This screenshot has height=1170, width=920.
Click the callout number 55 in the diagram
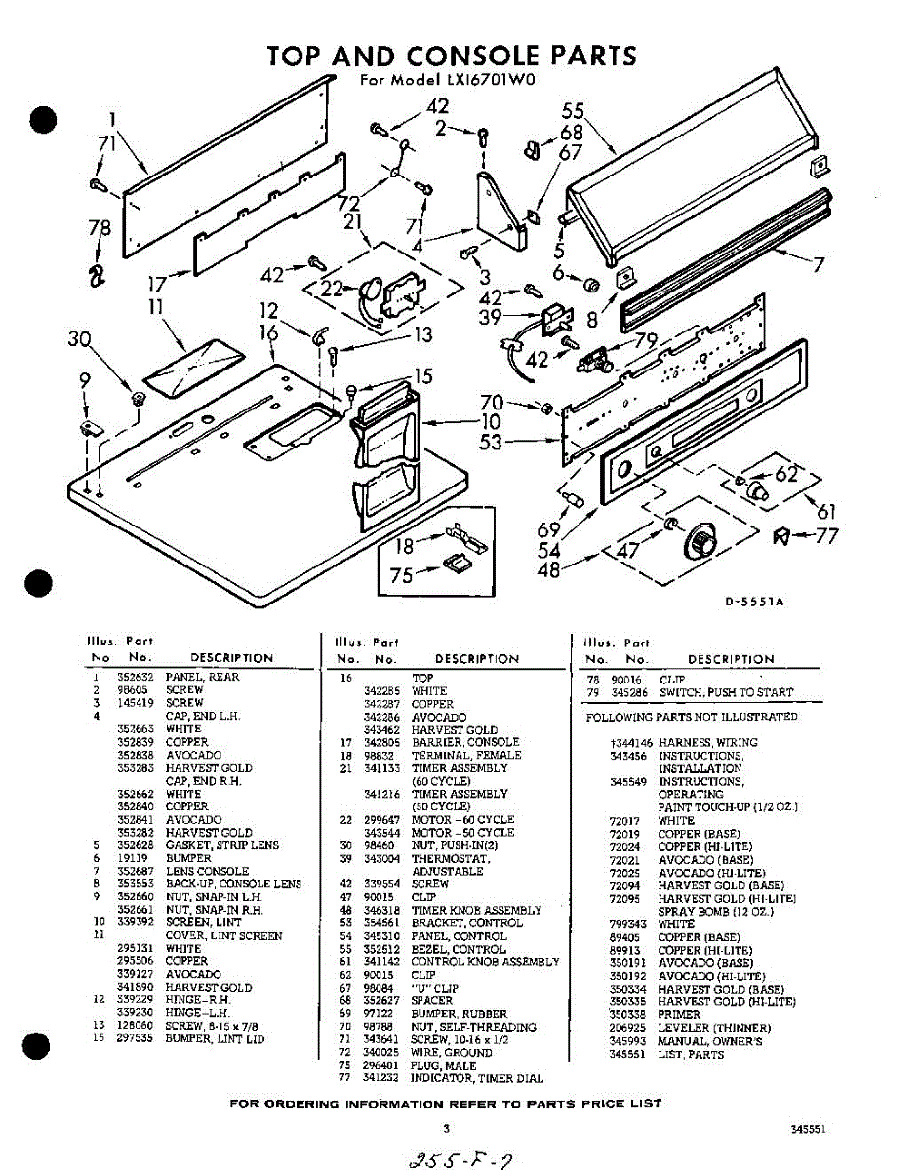pos(573,111)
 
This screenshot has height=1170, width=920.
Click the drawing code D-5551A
pos(755,602)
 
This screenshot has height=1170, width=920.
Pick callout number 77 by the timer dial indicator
pos(826,535)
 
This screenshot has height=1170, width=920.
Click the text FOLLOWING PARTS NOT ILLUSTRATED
pos(691,717)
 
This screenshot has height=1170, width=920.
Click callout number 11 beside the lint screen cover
pos(154,307)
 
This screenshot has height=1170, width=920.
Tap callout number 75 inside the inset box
pos(401,575)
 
